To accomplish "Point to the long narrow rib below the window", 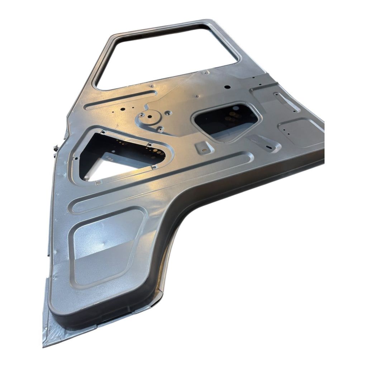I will [122, 99].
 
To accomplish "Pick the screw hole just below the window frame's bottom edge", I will [152, 86].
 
